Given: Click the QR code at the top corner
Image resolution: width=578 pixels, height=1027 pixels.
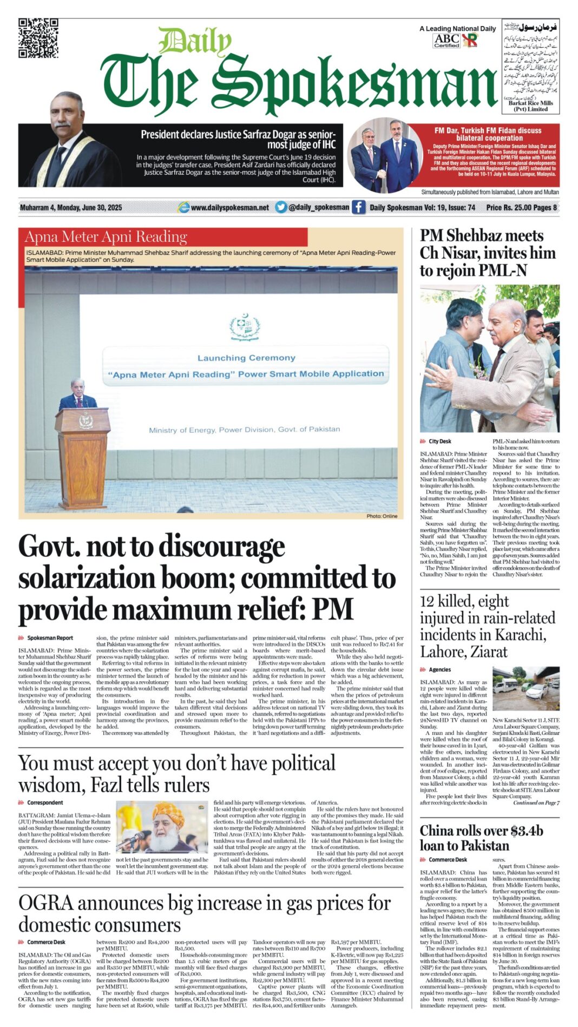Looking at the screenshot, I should tap(38, 38).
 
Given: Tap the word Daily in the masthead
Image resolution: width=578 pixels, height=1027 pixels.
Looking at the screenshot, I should tap(195, 42).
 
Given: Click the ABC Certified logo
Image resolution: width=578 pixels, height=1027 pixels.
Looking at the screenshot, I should tap(447, 41).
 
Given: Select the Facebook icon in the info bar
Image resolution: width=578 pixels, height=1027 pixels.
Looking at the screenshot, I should tap(358, 207).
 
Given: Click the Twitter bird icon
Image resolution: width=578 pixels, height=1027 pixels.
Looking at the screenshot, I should tap(280, 207).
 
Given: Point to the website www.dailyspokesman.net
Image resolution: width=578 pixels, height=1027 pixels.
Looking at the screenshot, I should tap(229, 207).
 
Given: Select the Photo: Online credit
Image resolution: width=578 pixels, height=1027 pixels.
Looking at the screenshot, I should tap(382, 516).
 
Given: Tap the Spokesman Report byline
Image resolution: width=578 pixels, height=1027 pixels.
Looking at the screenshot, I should tap(50, 638).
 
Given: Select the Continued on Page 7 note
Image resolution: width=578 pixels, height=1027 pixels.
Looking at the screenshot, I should tap(536, 802).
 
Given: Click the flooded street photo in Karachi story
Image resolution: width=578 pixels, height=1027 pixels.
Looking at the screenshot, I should tap(526, 688).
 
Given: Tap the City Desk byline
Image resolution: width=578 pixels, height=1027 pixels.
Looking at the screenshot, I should tap(439, 442).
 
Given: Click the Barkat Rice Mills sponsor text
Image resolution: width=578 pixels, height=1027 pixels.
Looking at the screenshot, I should tap(530, 106).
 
